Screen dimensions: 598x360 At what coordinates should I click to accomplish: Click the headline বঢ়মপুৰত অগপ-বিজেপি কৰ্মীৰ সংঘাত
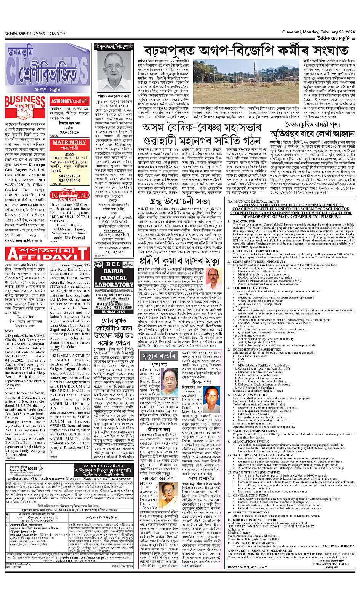click(x=246, y=50)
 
